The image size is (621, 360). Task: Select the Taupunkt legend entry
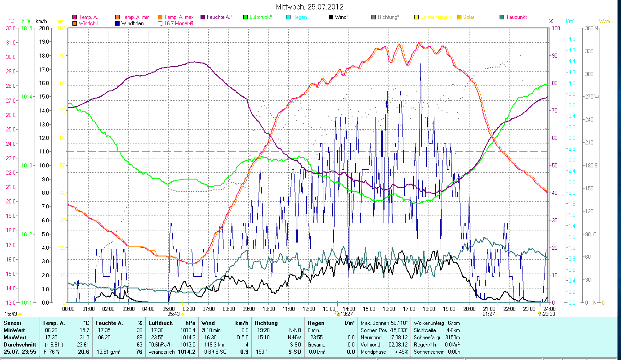516,17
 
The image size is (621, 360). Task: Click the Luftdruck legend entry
260,17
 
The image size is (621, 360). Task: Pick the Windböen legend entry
132,23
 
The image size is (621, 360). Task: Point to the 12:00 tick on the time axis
309,309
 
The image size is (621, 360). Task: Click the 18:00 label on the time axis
429,309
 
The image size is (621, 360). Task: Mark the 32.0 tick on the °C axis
10,28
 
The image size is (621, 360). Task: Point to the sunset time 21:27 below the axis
488,314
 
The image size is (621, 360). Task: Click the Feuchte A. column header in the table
108,323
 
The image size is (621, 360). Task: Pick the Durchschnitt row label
19,344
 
